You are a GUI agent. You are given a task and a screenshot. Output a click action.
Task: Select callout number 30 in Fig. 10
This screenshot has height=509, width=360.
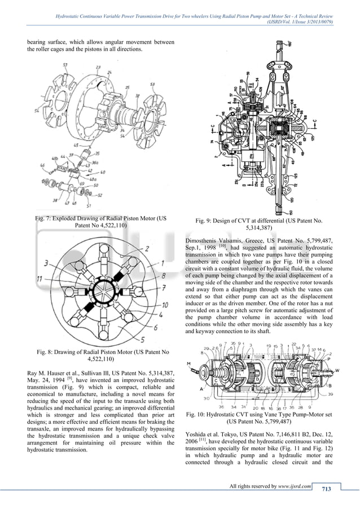194,399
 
